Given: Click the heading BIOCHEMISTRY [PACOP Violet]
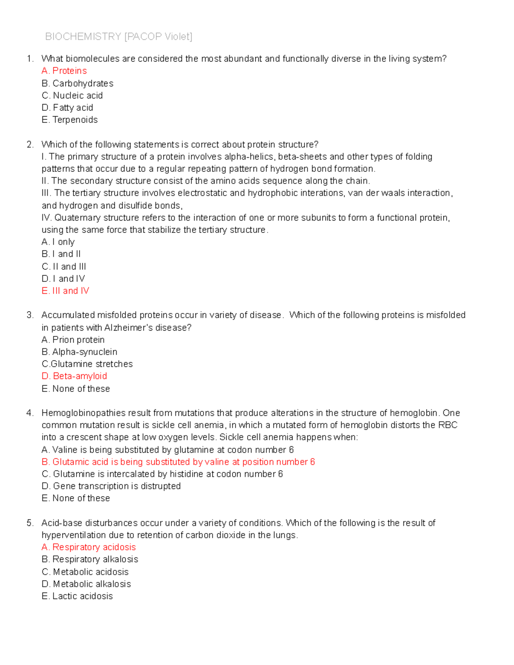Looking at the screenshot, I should (x=119, y=37).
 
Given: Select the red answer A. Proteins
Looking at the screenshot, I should (x=64, y=71).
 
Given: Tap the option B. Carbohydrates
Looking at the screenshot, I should (x=78, y=83).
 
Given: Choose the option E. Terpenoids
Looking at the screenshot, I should (x=70, y=119).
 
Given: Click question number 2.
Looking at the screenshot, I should (x=30, y=144).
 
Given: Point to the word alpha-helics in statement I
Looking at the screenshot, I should (x=250, y=157).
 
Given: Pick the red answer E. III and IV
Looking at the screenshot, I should (x=66, y=291).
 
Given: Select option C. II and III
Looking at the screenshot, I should (x=64, y=266).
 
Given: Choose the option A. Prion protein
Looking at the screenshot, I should (x=73, y=340).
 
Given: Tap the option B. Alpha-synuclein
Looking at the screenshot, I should (x=80, y=352).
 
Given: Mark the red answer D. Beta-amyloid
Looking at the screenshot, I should (x=75, y=376).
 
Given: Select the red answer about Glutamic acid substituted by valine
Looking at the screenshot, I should (x=178, y=462).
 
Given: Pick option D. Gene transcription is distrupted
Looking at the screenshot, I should (x=111, y=486).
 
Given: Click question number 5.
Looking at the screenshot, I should (x=30, y=523).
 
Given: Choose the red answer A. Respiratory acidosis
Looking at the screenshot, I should (x=89, y=547).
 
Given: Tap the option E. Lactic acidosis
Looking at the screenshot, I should (x=78, y=596).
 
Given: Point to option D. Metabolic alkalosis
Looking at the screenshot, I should (x=87, y=584).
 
